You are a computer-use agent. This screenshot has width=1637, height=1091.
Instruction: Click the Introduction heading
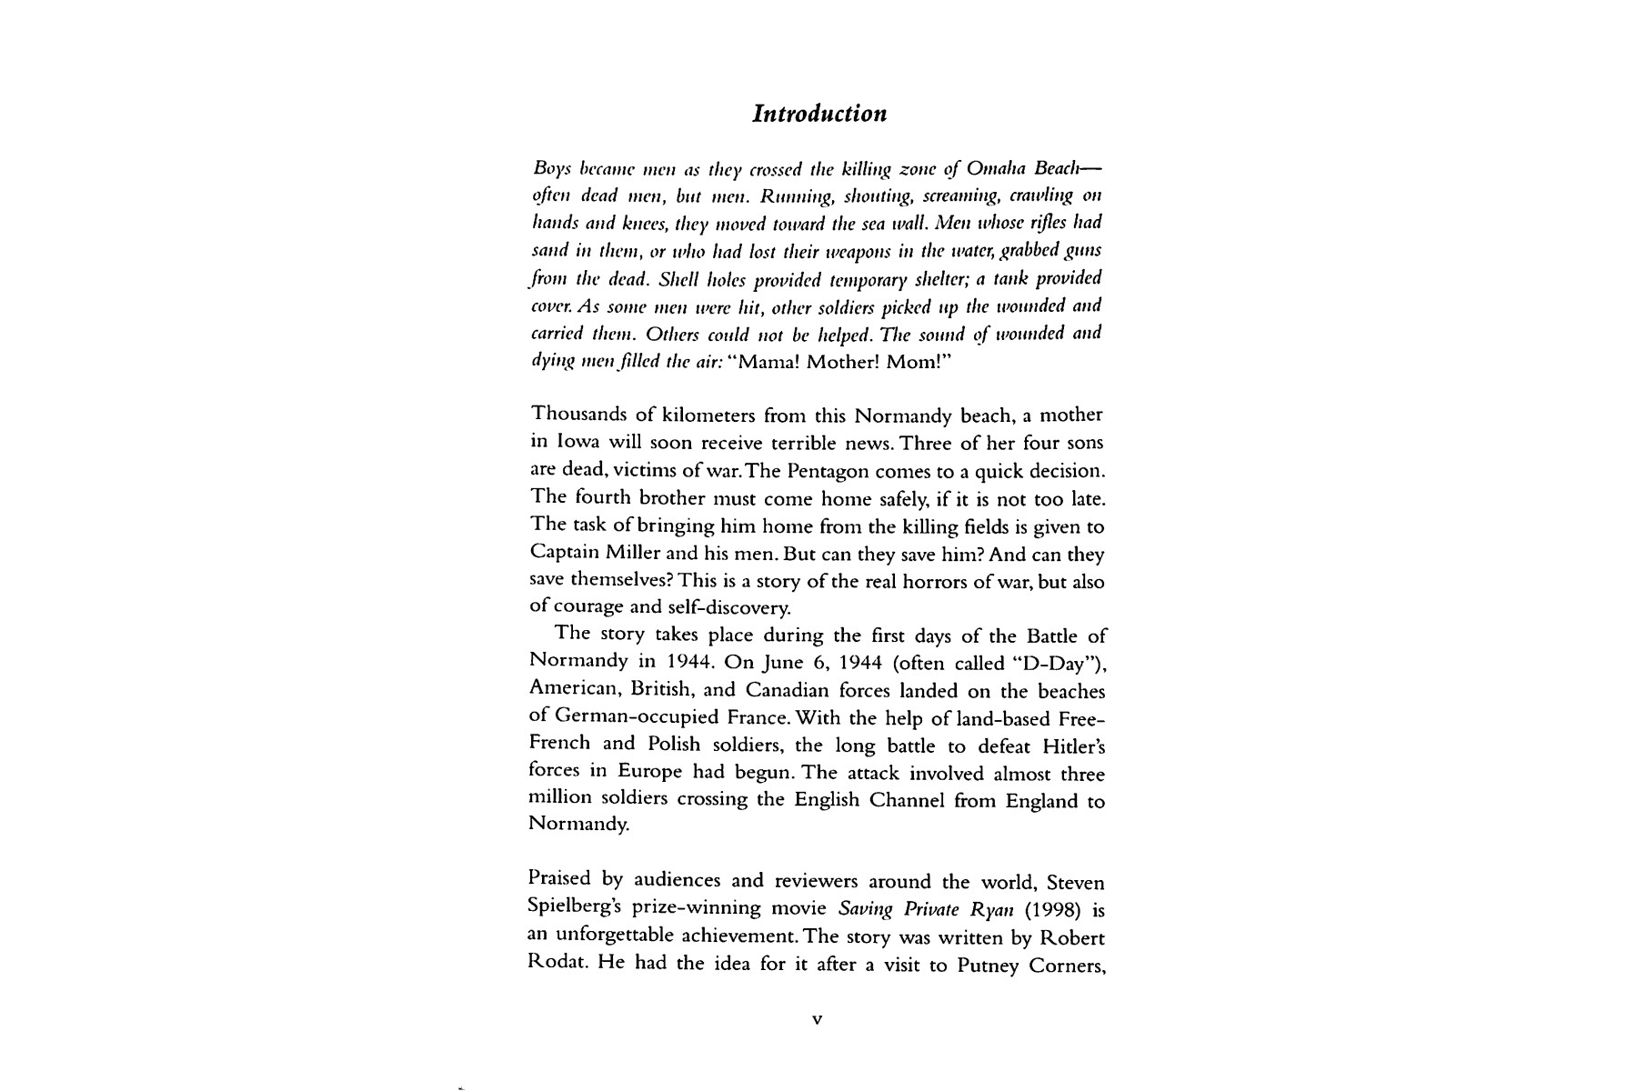point(819,114)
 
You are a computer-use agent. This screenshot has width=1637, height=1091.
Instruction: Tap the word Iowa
point(577,444)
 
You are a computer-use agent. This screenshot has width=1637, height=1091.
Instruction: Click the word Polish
point(674,746)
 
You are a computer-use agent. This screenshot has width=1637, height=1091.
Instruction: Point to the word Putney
point(989,964)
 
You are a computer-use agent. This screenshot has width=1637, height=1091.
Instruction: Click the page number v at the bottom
point(817,1020)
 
